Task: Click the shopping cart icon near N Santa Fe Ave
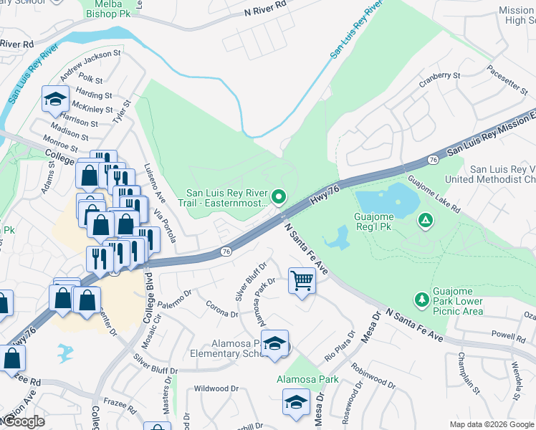(302, 281)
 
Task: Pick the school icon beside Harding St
(54, 100)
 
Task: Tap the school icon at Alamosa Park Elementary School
(274, 345)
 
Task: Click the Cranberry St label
(439, 77)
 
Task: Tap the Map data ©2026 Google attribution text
(492, 424)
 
